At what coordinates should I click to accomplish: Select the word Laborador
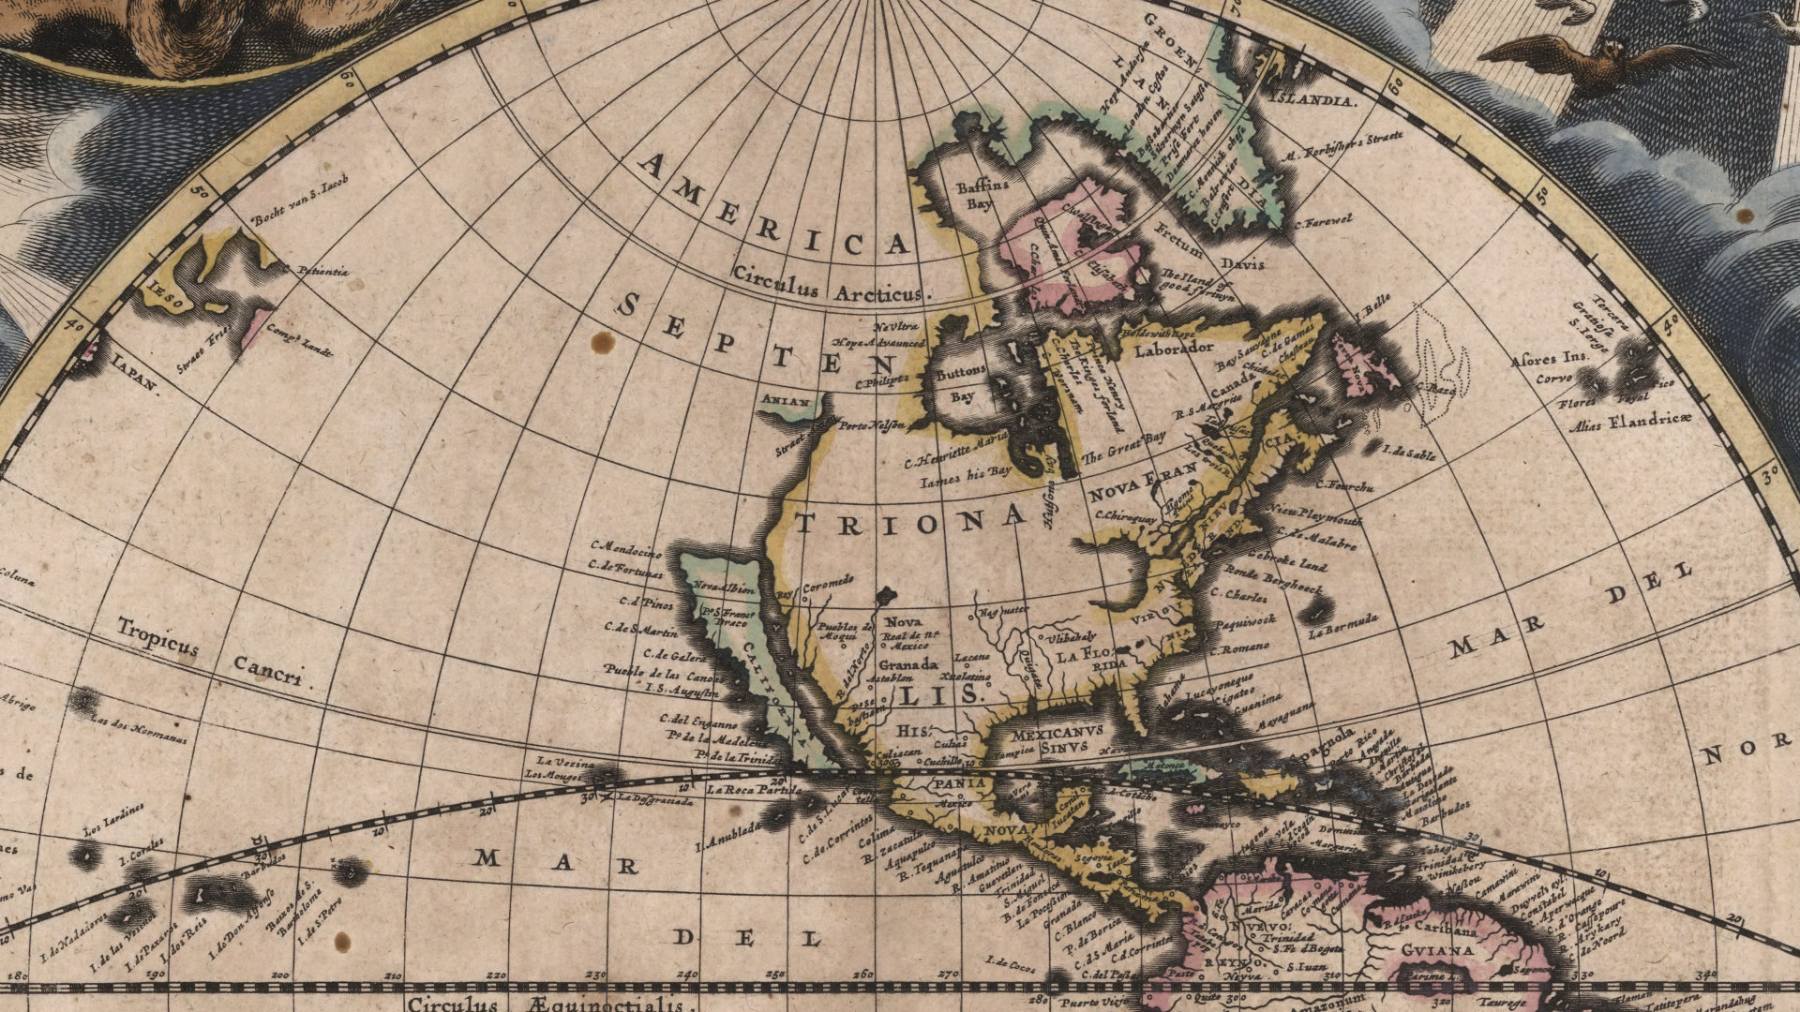click(1174, 350)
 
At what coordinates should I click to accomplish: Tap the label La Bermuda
click(1343, 624)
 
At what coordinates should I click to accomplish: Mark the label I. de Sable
click(1409, 452)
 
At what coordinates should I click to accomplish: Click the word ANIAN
click(787, 400)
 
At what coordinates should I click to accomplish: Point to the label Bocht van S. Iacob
click(299, 200)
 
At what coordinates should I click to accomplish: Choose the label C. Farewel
click(1323, 222)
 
